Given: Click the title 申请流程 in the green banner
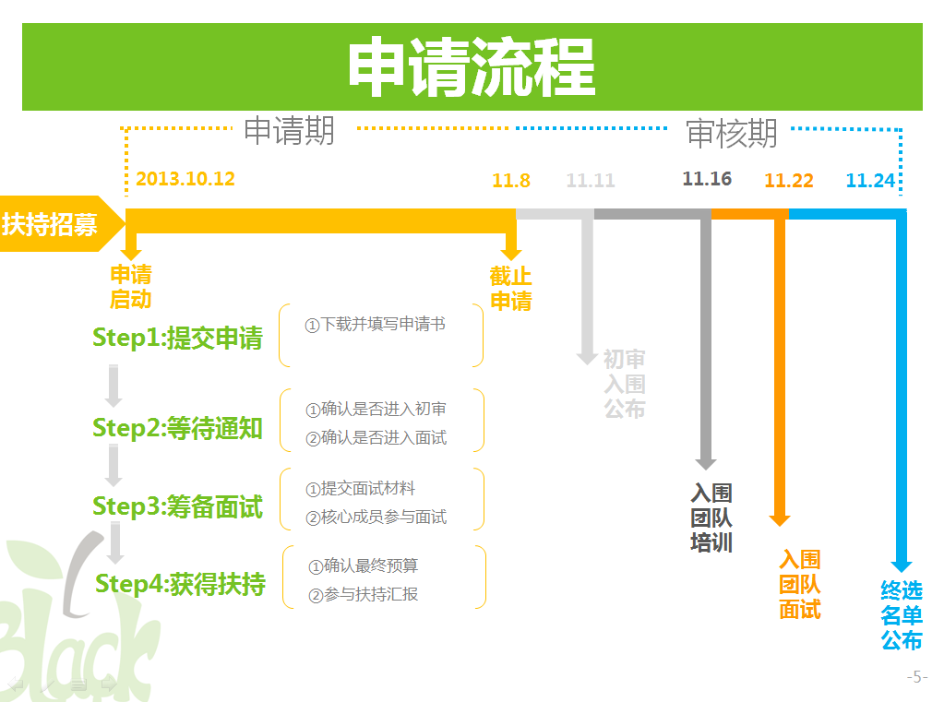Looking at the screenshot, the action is click(472, 66).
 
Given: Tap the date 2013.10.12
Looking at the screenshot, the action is click(185, 179).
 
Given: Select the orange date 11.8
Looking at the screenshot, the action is click(511, 181).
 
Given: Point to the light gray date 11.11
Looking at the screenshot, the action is click(591, 181).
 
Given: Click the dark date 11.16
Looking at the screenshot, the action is click(707, 179).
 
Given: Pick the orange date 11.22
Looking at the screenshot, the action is click(789, 181).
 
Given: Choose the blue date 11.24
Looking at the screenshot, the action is click(870, 181).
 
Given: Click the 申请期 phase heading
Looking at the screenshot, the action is click(289, 131).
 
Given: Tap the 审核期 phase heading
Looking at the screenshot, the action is click(732, 133).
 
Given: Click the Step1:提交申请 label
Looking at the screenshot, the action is click(177, 338).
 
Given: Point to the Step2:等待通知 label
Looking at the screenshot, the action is click(177, 428).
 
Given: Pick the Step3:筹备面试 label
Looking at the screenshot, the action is click(177, 506).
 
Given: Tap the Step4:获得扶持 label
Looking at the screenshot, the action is click(180, 584).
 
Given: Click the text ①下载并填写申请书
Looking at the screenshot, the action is click(375, 325).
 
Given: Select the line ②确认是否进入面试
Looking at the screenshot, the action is click(376, 437).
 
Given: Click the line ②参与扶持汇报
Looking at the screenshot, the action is click(363, 595).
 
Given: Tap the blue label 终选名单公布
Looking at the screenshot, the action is click(902, 615).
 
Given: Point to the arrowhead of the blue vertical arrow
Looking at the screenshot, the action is click(902, 565).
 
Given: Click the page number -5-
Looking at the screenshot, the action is click(917, 677).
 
